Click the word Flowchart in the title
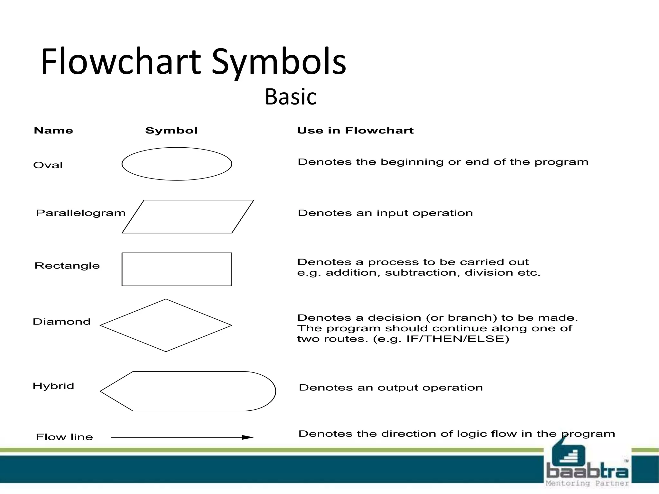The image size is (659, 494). coord(121,62)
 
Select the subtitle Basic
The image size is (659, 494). coord(291,96)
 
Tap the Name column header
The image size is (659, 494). coord(53,131)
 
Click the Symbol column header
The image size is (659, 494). coord(171,131)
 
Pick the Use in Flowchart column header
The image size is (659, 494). coord(355,131)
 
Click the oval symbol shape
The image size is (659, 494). coord(177,164)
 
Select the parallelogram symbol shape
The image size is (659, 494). coord(188,216)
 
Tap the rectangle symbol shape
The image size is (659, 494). coord(177,269)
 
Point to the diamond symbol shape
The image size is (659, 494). coord(166,325)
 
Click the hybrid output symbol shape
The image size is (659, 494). coord(188,391)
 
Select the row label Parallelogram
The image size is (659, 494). coord(80,213)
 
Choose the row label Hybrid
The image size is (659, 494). coord(53,386)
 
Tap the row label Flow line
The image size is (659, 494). coord(64,437)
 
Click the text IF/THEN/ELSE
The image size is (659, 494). coord(458,339)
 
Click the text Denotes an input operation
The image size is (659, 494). coord(385,213)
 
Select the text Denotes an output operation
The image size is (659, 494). coord(391,388)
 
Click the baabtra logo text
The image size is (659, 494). coord(587,471)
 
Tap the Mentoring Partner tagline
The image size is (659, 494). coord(587,483)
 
